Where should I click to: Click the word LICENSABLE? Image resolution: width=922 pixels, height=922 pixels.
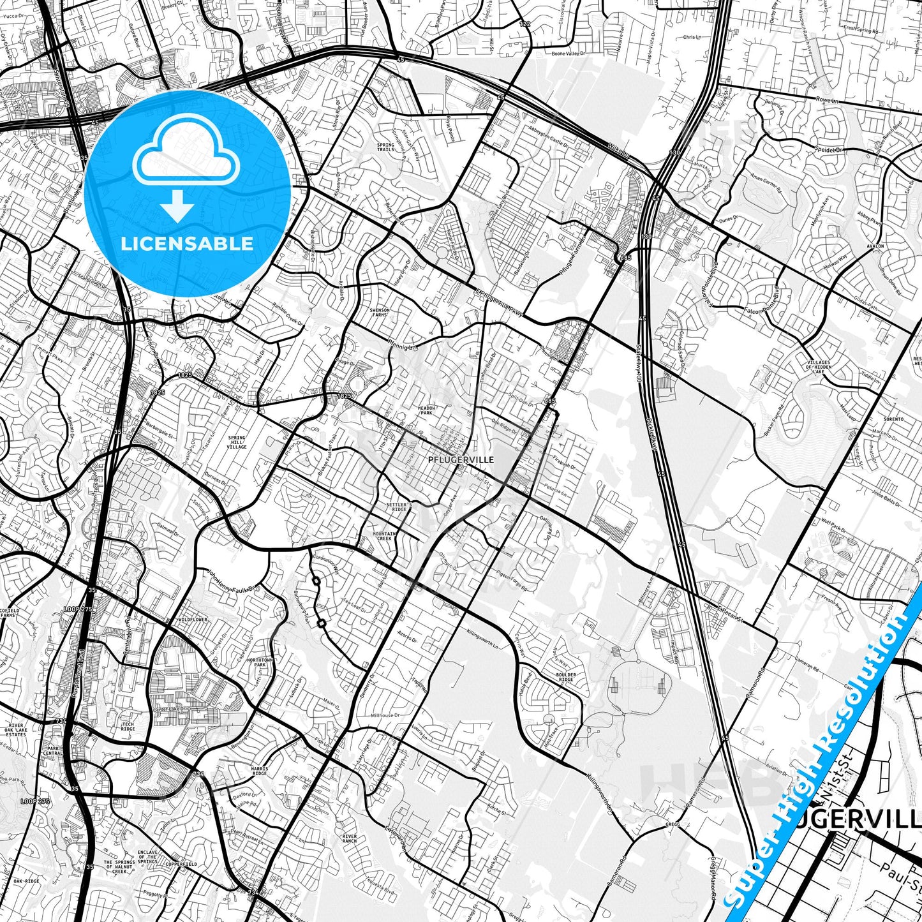[x=187, y=243]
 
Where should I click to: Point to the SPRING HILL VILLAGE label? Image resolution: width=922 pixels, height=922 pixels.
[x=237, y=442]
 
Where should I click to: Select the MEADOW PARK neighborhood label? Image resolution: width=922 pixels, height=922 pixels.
[x=426, y=410]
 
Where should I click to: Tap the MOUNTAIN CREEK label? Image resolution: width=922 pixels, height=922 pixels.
[x=385, y=536]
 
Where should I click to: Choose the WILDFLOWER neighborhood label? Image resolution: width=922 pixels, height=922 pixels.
[x=193, y=620]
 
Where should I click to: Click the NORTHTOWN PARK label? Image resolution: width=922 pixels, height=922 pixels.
[x=260, y=662]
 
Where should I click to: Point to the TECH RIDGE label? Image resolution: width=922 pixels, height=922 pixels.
[x=128, y=727]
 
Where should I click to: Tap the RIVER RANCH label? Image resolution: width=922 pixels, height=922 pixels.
[x=349, y=838]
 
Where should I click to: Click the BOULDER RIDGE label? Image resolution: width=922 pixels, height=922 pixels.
[x=565, y=677]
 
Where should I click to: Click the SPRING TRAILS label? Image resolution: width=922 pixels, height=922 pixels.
[x=385, y=147]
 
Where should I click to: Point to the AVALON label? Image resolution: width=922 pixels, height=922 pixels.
[x=875, y=246]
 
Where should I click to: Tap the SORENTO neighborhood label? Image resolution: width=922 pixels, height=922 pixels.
[x=894, y=419]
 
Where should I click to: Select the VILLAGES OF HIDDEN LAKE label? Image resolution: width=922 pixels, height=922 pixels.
[x=817, y=366]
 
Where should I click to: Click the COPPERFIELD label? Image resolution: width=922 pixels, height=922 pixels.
[x=182, y=864]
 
